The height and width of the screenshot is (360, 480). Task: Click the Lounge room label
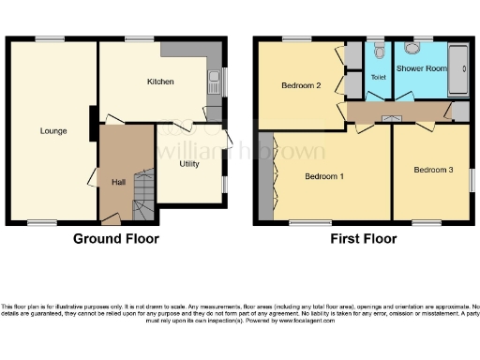[52, 130]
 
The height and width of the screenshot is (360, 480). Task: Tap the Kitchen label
[160, 82]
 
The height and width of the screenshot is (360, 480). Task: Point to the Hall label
[118, 182]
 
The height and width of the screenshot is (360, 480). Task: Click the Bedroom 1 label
[325, 176]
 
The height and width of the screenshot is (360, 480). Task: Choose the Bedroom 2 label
[301, 85]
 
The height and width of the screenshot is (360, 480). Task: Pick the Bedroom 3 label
[433, 169]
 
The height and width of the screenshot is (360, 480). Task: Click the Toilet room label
[378, 77]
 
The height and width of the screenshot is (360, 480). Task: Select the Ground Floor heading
[116, 239]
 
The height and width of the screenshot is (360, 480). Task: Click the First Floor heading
[363, 239]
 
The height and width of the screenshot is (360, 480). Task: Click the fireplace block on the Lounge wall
[92, 124]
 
